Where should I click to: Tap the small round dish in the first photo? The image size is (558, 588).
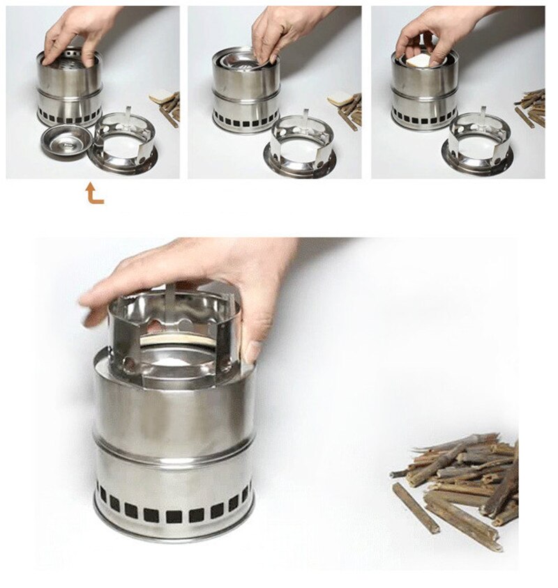click(67, 141)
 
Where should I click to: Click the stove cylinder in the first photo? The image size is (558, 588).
click(70, 91)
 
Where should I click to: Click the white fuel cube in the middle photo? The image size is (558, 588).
click(341, 99)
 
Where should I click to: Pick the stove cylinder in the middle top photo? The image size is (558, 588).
click(246, 94)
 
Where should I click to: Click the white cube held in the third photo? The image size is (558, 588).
click(421, 62)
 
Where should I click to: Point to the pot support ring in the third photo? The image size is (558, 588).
click(480, 143)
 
